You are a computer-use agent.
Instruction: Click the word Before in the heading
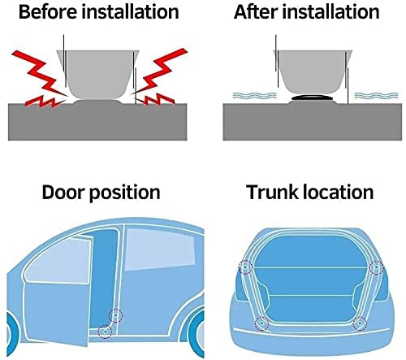(x=48, y=12)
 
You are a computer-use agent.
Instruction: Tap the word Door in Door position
(x=63, y=192)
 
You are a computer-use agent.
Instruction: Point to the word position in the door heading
(x=125, y=193)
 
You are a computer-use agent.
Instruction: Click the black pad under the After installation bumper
(x=313, y=98)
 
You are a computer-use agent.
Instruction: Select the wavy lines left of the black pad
(x=254, y=95)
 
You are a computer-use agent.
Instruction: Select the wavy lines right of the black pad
(x=376, y=95)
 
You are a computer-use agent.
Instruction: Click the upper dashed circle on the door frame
(x=115, y=315)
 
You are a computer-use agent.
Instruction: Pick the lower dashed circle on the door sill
(x=105, y=332)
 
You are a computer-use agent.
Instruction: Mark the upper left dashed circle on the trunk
(x=246, y=267)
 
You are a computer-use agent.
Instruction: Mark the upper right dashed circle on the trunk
(x=377, y=267)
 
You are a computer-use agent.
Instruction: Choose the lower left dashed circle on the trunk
(x=261, y=323)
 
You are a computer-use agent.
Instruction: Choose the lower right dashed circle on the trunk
(x=360, y=323)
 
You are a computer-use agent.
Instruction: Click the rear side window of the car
(x=160, y=249)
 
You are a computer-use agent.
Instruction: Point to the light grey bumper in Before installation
(x=98, y=75)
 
